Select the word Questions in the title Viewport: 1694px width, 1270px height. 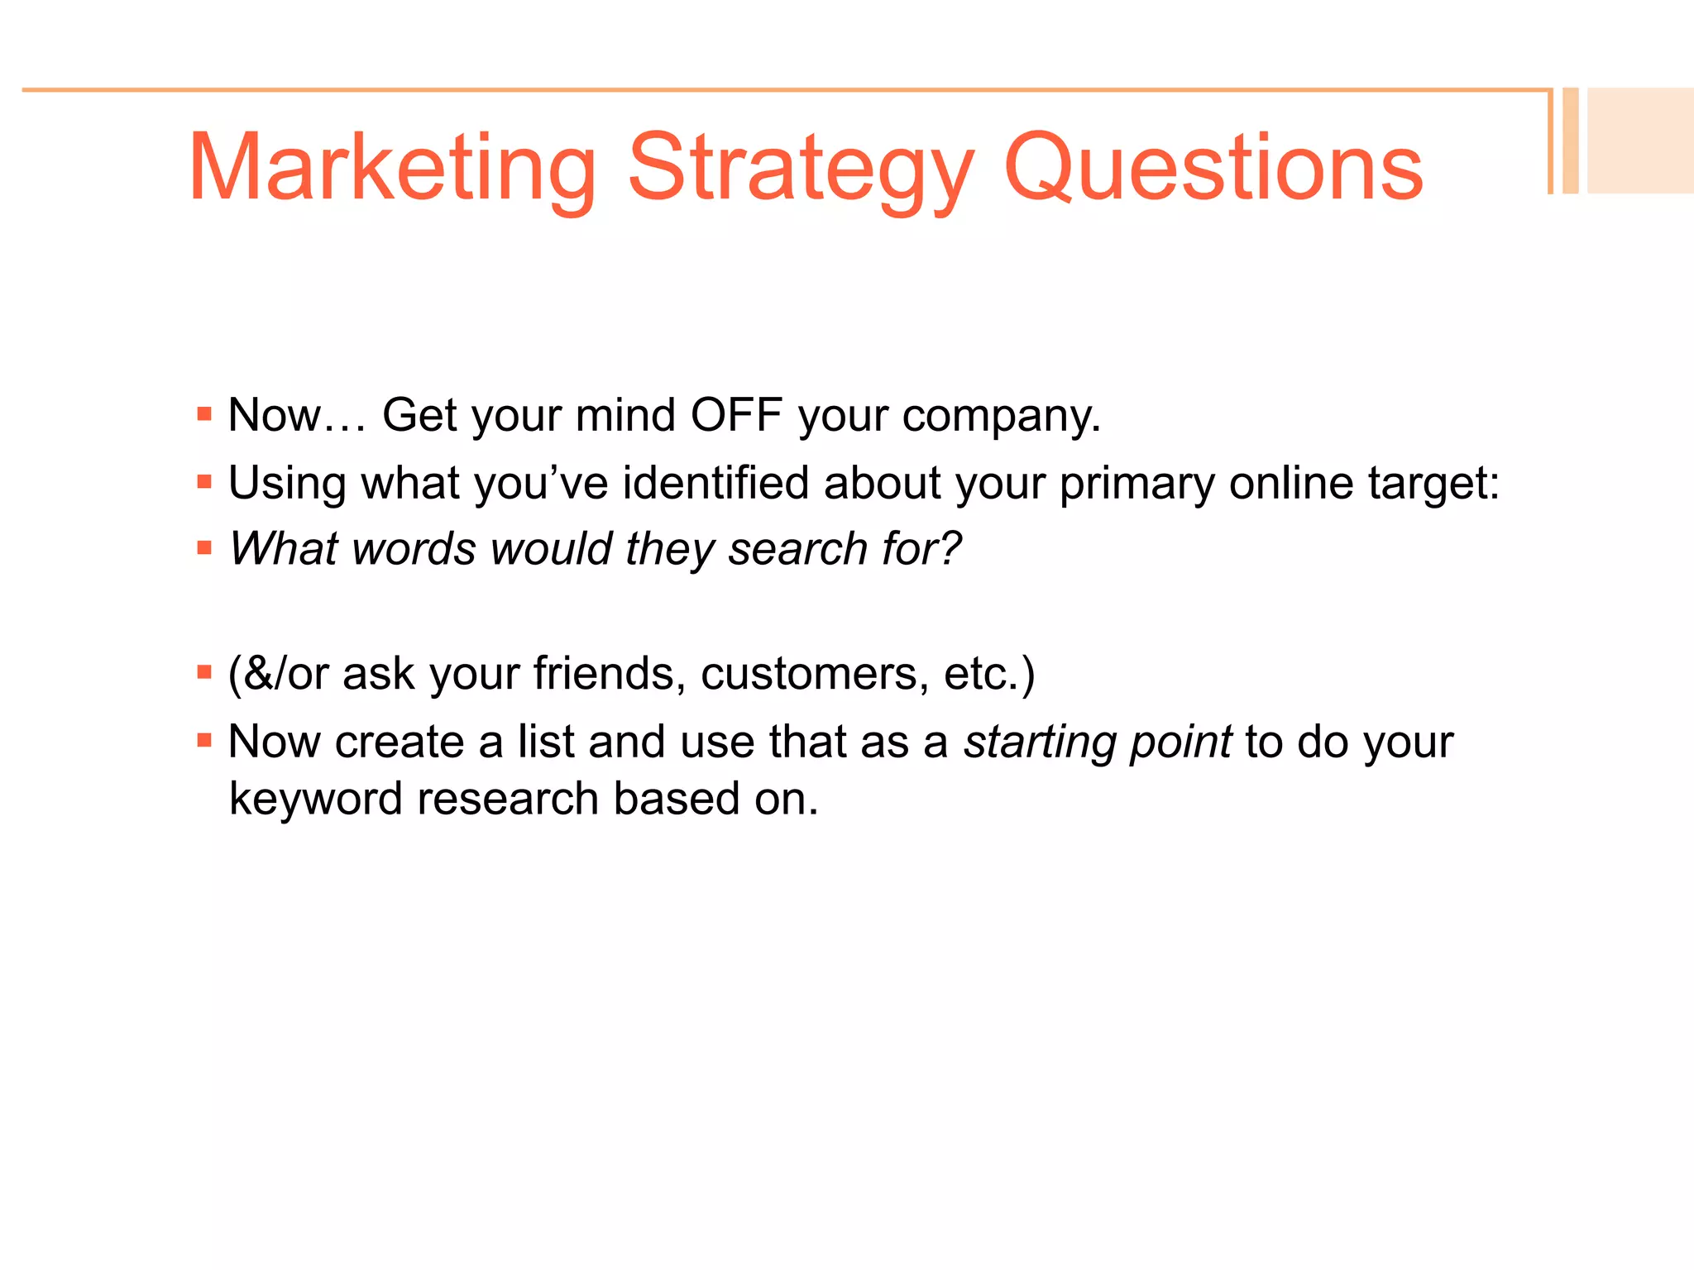[1213, 169]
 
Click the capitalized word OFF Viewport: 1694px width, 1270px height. [736, 415]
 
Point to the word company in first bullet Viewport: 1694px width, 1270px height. [1001, 417]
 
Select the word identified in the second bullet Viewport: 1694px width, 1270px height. [715, 483]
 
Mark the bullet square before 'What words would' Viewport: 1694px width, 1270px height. [204, 547]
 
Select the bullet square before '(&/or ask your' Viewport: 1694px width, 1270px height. [204, 672]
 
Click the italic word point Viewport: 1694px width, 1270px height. [1181, 742]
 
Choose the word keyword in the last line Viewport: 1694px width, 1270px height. [315, 800]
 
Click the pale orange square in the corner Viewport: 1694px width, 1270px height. [1639, 141]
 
